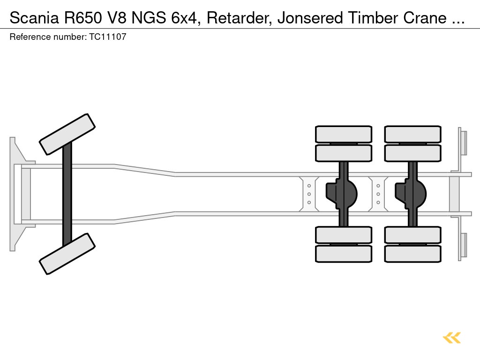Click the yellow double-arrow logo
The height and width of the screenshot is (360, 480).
451,337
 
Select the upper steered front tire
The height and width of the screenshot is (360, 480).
67,134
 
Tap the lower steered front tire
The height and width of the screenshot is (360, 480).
67,254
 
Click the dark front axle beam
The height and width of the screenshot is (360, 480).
67,194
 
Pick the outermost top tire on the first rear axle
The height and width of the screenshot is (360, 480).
344,134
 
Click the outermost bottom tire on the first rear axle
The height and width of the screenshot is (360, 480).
344,254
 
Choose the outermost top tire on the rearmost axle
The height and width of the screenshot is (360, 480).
412,134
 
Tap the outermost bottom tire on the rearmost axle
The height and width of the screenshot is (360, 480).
412,254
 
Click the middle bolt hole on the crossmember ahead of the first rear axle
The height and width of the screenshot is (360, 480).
309,194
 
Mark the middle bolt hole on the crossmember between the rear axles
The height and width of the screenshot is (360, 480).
378,194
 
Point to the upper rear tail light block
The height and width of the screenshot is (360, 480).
464,142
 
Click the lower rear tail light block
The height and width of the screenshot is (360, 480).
464,245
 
